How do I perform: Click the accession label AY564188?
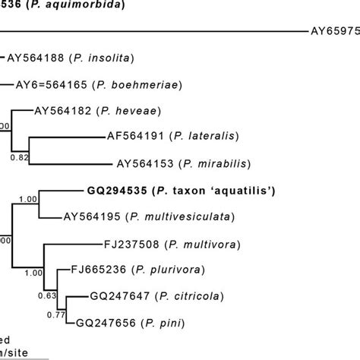point(36,57)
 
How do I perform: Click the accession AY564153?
point(145,163)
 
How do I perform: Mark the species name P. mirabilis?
point(213,163)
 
